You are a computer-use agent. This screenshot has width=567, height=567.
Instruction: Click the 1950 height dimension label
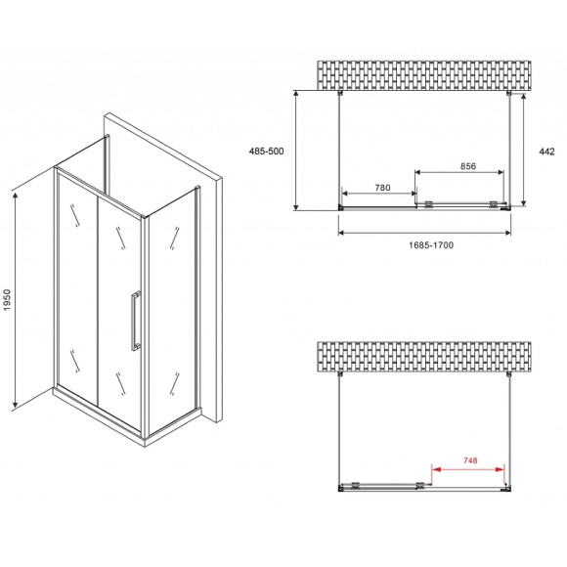pos(7,300)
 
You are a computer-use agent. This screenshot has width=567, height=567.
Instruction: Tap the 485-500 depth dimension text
pos(267,152)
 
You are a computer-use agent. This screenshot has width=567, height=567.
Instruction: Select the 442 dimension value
pos(546,152)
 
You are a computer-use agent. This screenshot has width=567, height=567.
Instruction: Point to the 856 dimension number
pos(468,166)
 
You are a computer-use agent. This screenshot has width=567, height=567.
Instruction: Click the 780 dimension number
pos(382,188)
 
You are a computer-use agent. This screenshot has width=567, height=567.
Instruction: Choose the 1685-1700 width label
pos(431,245)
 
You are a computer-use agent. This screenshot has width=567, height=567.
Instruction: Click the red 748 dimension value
pos(470,460)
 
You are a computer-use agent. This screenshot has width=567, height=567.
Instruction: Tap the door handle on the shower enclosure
pos(135,321)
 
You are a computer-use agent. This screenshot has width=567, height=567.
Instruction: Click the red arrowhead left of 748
pos(436,469)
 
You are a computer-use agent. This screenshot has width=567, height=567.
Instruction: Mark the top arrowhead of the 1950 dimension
pos(16,196)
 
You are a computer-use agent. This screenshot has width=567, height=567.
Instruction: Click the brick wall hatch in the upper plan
pos(424,75)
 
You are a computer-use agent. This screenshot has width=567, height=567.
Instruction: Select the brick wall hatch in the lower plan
pos(424,357)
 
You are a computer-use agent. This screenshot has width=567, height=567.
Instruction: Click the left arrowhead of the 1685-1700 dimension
pos(342,233)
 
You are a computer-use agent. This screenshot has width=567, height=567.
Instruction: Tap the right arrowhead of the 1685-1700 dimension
pos(506,233)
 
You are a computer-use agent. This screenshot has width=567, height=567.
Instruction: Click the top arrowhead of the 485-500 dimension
pos(296,95)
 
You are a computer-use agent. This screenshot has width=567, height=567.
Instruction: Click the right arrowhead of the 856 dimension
pos(500,172)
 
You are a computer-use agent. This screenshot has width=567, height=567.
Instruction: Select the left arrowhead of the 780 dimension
pos(346,194)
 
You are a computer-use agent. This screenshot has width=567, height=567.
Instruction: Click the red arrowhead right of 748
pos(501,469)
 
